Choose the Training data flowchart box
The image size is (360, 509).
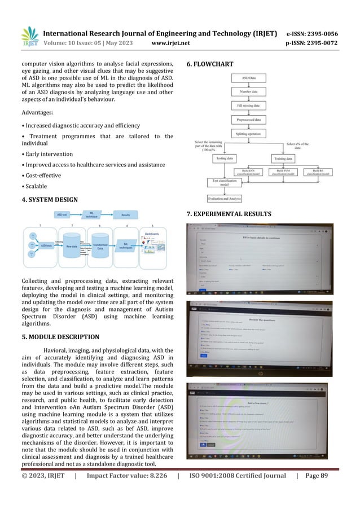point(284,160)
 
